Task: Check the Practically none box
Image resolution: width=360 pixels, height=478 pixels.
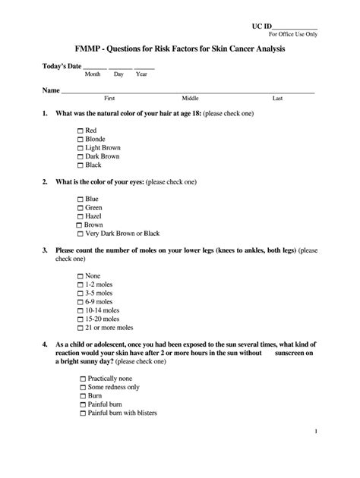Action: [x=81, y=378]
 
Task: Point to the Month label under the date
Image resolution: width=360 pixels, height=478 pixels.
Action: [x=93, y=74]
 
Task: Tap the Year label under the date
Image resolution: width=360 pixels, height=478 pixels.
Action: [x=141, y=74]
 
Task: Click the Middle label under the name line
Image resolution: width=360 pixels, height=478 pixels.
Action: [x=190, y=99]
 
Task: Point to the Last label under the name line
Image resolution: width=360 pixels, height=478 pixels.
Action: [x=277, y=99]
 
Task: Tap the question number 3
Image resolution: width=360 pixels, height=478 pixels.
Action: [x=45, y=250]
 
